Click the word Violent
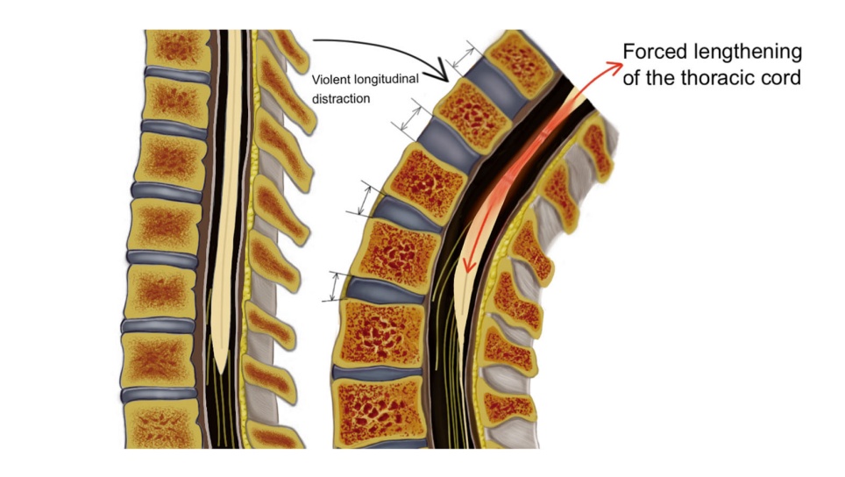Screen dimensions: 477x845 [331, 81]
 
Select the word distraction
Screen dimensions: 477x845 [341, 99]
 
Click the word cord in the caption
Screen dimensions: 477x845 [784, 77]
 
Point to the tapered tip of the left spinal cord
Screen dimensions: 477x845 [224, 367]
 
